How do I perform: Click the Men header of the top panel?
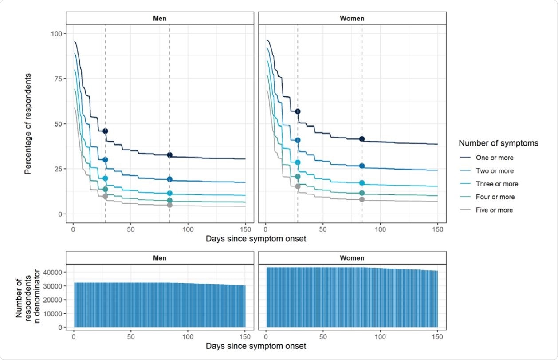click(160, 18)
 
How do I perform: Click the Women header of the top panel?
click(352, 18)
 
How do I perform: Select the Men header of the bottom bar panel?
click(160, 258)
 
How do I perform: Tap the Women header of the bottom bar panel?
click(352, 258)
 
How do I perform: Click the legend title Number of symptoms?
click(499, 143)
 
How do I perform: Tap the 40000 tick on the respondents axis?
click(52, 272)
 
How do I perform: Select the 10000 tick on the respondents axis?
click(52, 313)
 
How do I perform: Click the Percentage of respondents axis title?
click(28, 124)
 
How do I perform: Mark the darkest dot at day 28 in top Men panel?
click(105, 131)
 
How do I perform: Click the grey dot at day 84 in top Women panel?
click(362, 199)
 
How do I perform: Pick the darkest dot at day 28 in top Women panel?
click(298, 111)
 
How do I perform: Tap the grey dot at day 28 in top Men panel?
click(105, 196)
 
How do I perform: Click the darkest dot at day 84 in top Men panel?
click(169, 155)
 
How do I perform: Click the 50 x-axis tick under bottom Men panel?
click(131, 336)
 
